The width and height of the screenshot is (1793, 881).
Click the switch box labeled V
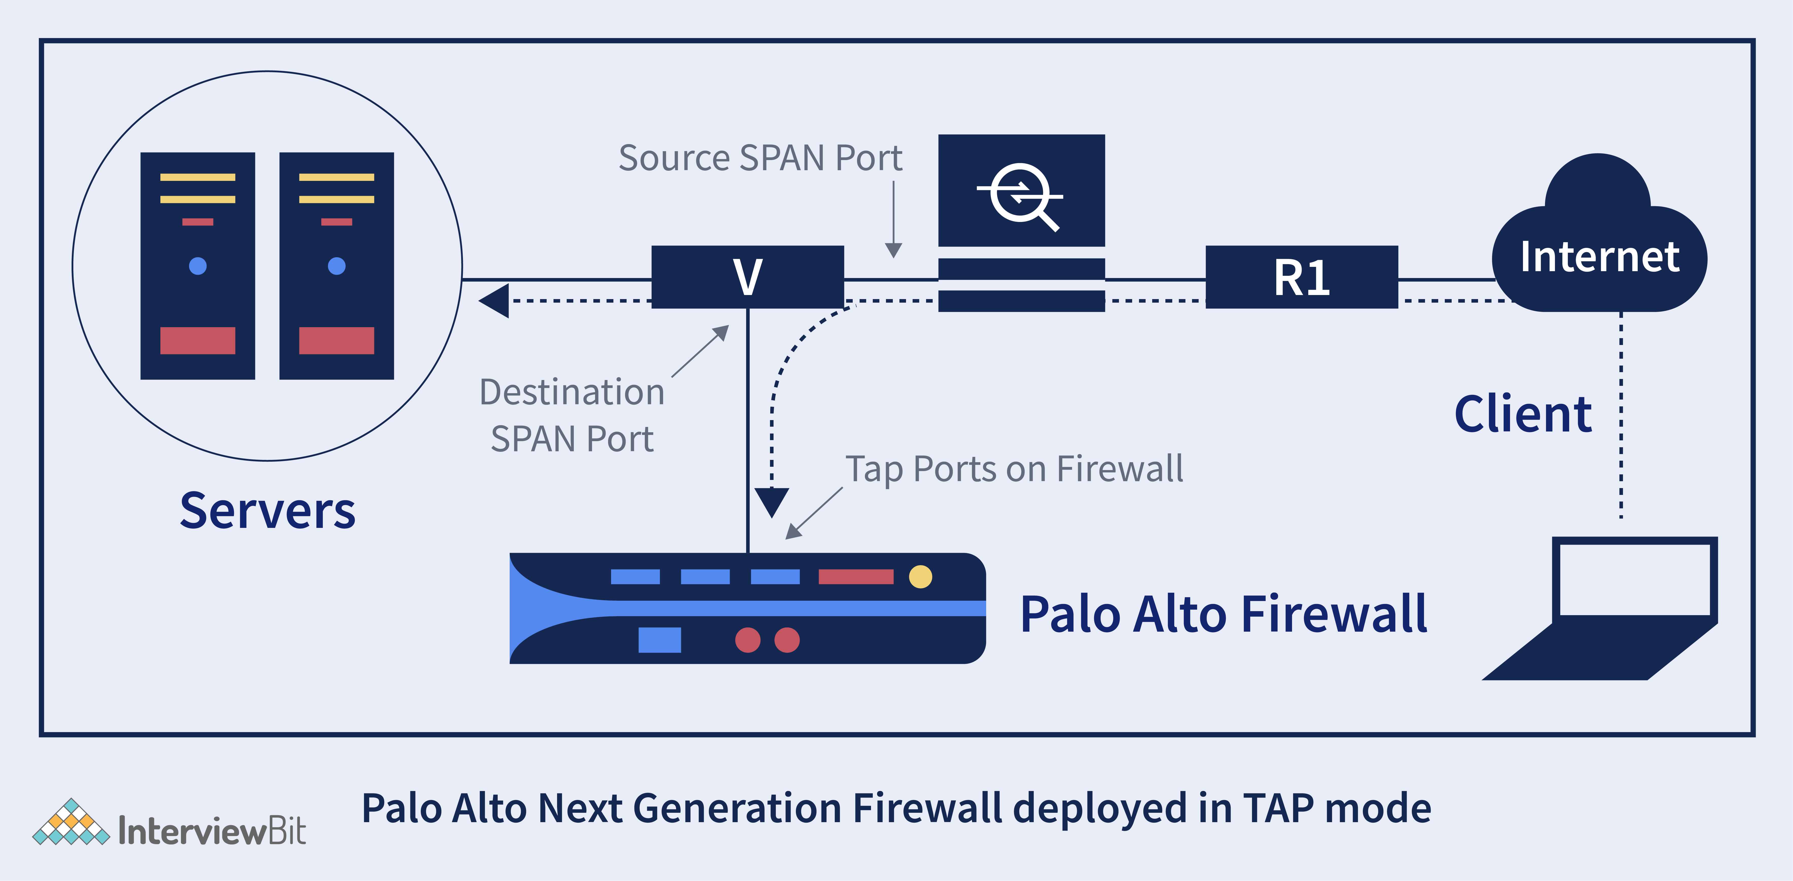tap(748, 277)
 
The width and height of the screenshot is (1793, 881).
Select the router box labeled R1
tap(1302, 277)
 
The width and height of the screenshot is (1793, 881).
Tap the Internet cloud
tap(1600, 233)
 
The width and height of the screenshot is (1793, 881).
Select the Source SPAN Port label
tap(760, 158)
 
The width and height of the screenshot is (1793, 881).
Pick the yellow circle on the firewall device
tap(920, 576)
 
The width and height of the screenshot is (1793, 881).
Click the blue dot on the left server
tap(198, 266)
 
